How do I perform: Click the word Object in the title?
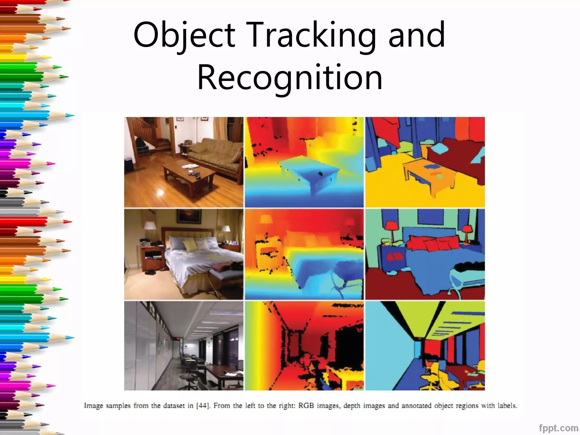pos(184,35)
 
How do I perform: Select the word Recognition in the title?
pos(290,77)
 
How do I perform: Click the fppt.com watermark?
pos(558,428)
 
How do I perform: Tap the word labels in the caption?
pos(507,406)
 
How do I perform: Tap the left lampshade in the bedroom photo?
pos(150,226)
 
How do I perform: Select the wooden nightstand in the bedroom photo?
pos(152,258)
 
